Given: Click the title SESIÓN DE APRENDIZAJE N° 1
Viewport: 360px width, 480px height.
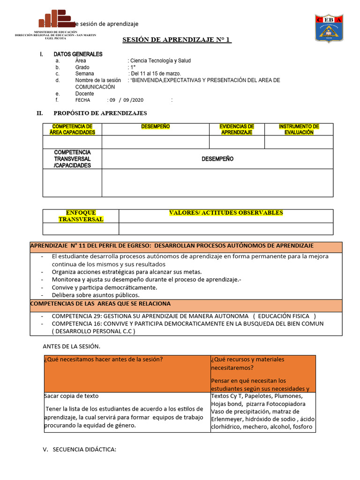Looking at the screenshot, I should pos(177,40).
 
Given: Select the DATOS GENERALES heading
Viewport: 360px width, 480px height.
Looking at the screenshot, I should pos(78,54).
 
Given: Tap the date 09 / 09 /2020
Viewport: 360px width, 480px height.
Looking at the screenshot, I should pos(126,100).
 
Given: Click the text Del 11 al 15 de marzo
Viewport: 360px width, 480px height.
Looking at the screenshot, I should pos(156,74).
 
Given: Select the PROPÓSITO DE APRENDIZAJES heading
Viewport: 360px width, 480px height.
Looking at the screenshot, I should pos(100,113).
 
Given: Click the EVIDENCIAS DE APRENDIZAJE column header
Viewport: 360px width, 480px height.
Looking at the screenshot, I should pos(237,129).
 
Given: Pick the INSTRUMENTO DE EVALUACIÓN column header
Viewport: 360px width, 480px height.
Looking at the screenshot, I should pos(299,129).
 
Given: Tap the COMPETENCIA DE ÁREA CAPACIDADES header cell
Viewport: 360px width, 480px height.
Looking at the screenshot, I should pos(73,129).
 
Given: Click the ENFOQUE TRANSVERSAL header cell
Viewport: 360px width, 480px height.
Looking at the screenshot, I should pos(81,216).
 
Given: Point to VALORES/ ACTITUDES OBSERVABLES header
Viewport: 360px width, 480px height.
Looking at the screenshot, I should pos(226,213).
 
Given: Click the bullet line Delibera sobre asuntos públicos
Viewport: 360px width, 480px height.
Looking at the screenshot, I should pos(96,295).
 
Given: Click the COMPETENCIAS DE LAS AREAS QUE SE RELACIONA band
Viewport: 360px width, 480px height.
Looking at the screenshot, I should pos(101,304).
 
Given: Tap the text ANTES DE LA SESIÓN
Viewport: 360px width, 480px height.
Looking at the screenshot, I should pos(71,346).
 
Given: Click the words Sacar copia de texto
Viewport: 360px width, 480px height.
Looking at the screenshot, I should pos(72,396).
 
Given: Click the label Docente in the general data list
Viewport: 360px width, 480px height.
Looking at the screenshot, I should pos(84,94).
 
